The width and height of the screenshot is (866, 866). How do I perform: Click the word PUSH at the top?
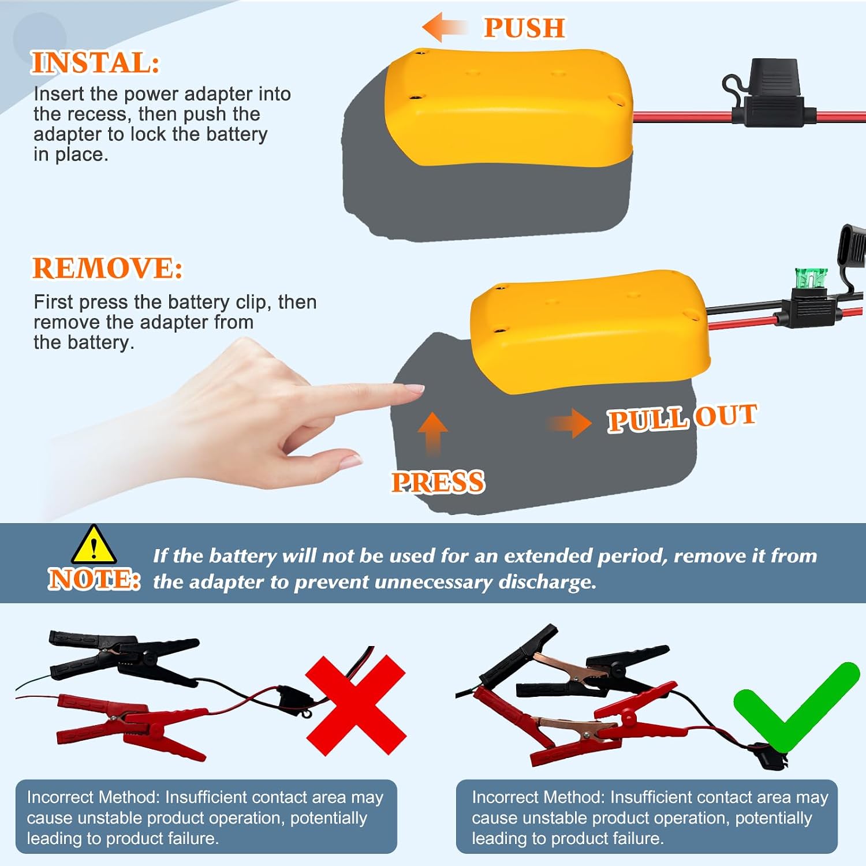pyautogui.click(x=524, y=28)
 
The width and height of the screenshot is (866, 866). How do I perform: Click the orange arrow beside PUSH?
pyautogui.click(x=444, y=27)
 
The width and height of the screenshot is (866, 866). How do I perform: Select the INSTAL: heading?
pyautogui.click(x=95, y=62)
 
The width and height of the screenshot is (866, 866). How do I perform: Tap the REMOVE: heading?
pyautogui.click(x=107, y=268)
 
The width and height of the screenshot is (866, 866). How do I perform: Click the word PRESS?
pyautogui.click(x=438, y=482)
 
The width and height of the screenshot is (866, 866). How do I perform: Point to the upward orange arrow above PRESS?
pyautogui.click(x=432, y=433)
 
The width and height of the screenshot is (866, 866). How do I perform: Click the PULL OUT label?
pyautogui.click(x=682, y=417)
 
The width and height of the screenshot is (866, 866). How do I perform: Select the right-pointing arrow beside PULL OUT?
pyautogui.click(x=569, y=423)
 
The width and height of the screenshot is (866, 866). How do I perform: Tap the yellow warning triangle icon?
pyautogui.click(x=94, y=544)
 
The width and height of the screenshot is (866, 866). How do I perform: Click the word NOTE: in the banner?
pyautogui.click(x=94, y=578)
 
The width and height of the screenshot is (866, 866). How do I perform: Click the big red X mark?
pyautogui.click(x=356, y=705)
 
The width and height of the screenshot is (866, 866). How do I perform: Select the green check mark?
pyautogui.click(x=797, y=707)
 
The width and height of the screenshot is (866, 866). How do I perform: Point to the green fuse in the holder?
pyautogui.click(x=811, y=279)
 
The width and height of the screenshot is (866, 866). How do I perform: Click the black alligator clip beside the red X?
pyautogui.click(x=124, y=659)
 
